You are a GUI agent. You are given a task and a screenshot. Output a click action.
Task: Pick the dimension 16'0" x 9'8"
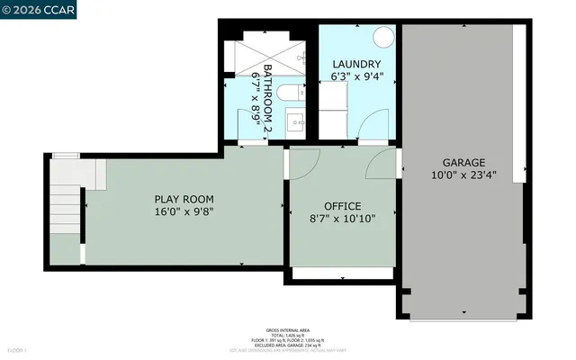183,212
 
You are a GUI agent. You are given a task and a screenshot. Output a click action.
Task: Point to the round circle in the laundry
383,37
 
